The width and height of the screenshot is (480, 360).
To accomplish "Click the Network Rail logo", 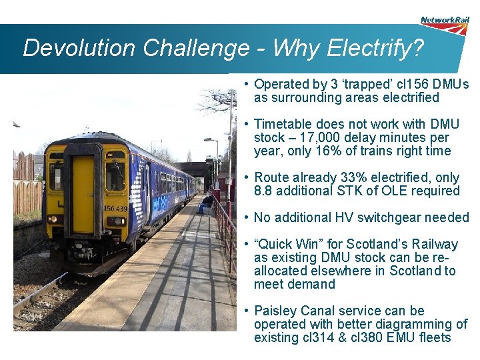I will coord(445,25).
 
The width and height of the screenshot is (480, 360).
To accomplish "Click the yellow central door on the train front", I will coord(83,193).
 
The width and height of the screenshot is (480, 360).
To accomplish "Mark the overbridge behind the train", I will coord(193,168).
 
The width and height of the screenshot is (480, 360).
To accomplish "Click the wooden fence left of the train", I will coord(27,196).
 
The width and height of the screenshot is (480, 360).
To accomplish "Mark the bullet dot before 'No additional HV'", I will coord(246,217).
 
